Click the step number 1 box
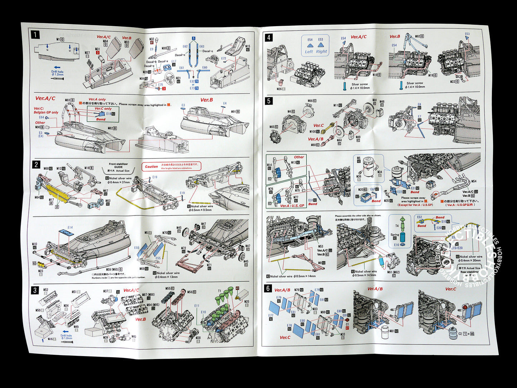[35, 35]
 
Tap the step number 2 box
[36, 165]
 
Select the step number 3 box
[35, 290]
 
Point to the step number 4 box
[269, 37]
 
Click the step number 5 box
[269, 101]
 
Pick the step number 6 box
[268, 288]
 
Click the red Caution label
[151, 166]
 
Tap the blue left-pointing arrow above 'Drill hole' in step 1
[57, 67]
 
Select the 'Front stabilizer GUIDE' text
[118, 165]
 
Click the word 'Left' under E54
[309, 52]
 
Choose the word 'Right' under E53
[321, 52]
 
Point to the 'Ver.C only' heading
[103, 108]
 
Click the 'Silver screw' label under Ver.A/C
[360, 84]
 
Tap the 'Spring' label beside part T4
[395, 235]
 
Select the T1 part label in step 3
[219, 291]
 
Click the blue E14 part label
[70, 228]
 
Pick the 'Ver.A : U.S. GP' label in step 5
[292, 206]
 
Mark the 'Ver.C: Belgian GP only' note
[46, 110]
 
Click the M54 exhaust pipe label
[474, 181]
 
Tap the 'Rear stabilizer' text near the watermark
[469, 272]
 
